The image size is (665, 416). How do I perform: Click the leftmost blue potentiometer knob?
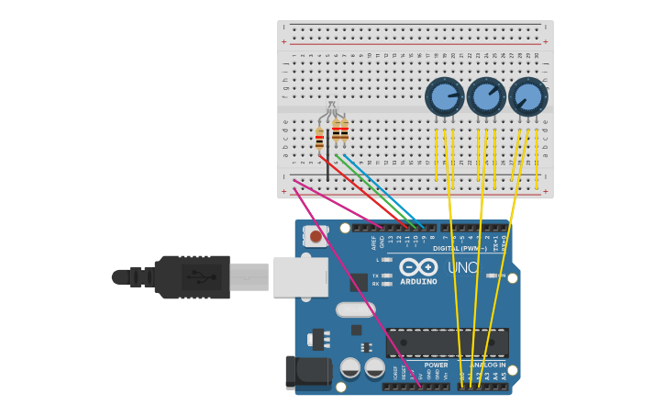click(x=445, y=96)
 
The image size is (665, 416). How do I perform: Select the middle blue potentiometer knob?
click(x=486, y=96)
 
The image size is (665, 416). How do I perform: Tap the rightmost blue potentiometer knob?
click(x=527, y=96)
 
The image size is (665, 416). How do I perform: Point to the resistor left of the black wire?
click(x=319, y=140)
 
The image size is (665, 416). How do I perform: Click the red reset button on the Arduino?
click(x=316, y=237)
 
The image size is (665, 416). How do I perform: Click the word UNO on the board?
click(x=463, y=267)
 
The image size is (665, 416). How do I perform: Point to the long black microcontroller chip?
click(x=447, y=343)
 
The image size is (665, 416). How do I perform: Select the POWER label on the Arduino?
click(x=436, y=365)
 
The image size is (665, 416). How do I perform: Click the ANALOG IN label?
click(x=487, y=365)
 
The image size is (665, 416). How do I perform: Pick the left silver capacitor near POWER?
click(x=350, y=368)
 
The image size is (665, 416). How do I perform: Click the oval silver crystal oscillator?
click(x=355, y=309)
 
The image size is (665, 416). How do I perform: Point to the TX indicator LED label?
click(x=377, y=275)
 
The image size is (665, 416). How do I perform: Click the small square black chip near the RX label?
click(x=359, y=282)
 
